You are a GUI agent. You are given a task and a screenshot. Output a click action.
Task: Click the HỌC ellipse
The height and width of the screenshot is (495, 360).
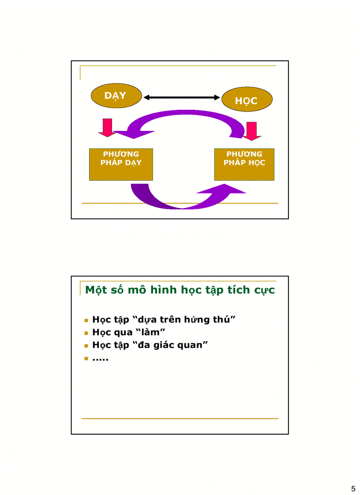point(246,100)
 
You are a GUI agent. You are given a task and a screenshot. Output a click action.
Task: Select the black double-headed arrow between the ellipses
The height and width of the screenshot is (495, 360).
point(181,97)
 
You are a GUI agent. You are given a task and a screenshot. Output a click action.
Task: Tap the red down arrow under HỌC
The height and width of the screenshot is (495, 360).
point(252,130)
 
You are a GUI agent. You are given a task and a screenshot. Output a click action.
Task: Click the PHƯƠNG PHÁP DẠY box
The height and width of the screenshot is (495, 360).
point(121,164)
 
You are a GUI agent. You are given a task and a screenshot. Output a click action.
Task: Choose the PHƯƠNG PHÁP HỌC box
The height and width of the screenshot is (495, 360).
point(244,164)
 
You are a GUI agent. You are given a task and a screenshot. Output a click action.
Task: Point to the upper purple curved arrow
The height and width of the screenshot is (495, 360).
point(185,118)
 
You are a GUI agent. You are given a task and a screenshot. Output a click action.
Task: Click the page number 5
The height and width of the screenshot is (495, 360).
point(353,488)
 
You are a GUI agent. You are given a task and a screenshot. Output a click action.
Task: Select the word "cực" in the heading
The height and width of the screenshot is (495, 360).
point(264,290)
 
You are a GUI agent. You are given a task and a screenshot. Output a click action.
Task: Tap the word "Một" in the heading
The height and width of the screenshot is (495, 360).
point(96,290)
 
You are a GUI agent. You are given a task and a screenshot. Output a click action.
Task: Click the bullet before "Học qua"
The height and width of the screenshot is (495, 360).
point(86,333)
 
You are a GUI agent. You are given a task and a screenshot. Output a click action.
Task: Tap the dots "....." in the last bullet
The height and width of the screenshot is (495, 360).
point(101,359)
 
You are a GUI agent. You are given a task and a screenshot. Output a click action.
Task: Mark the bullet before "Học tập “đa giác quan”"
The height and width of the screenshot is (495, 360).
point(86,346)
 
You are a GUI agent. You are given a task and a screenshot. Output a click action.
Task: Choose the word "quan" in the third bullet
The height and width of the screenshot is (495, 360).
point(195,345)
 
